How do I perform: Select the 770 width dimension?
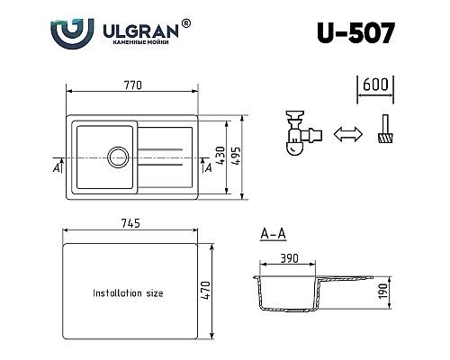tap(133, 85)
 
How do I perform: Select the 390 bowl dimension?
tap(289, 257)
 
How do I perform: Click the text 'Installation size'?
tap(129, 293)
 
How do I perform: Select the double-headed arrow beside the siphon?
tap(345, 134)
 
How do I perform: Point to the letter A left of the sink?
tap(57, 166)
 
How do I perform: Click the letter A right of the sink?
tap(208, 166)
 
